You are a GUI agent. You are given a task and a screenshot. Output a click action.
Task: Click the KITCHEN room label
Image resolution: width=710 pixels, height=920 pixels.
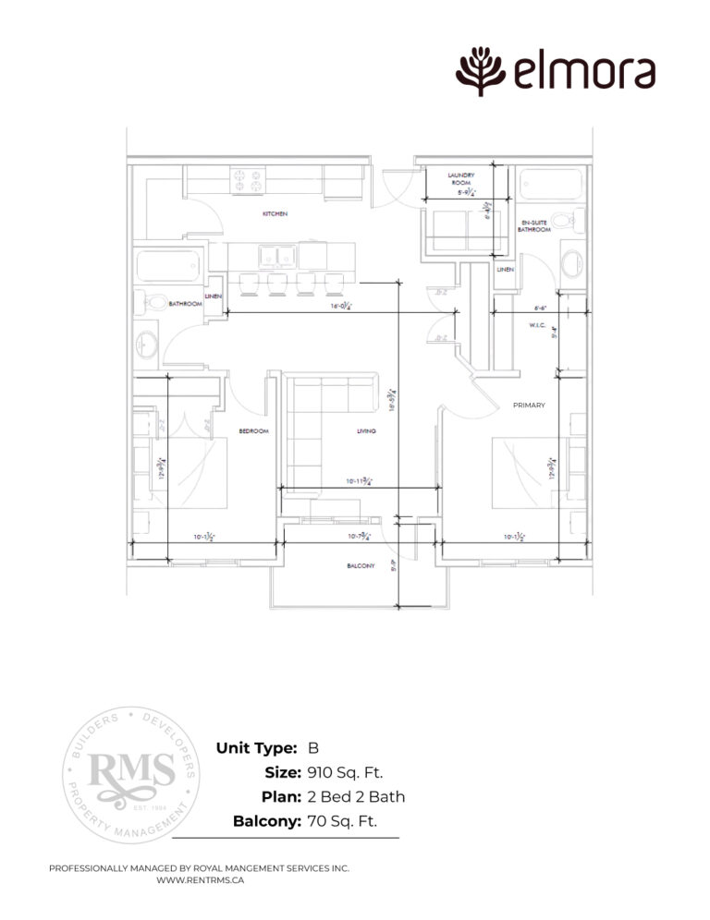click(x=275, y=213)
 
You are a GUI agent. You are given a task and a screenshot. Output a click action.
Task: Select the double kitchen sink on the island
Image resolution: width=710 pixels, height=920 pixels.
click(x=277, y=255)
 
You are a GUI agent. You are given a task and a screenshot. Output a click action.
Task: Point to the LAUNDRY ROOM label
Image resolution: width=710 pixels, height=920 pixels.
click(x=460, y=178)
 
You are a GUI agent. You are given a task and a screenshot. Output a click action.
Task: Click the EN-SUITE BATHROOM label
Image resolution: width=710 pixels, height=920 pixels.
click(x=535, y=225)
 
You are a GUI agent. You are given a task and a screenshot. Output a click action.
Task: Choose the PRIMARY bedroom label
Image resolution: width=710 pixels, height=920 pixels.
click(x=530, y=405)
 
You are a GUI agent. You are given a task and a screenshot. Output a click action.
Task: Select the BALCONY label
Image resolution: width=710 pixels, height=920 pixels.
click(x=361, y=565)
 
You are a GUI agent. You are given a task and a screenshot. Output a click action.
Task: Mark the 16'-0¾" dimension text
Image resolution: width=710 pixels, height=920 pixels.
click(x=336, y=309)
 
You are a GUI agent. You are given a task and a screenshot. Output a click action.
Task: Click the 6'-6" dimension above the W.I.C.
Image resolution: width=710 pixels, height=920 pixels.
click(x=543, y=309)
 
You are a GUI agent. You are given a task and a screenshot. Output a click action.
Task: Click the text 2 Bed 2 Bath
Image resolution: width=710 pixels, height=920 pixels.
click(x=356, y=796)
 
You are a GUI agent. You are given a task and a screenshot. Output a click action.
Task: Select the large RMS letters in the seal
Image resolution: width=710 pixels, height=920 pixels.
click(x=130, y=769)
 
